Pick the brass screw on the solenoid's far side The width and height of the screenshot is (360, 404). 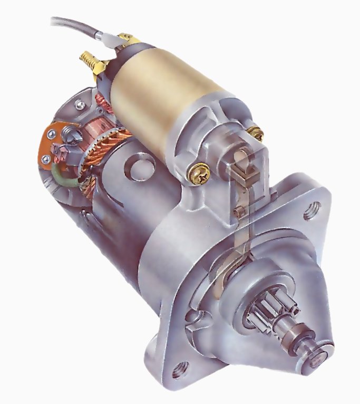click(256, 133)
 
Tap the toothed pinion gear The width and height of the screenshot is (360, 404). click(269, 311)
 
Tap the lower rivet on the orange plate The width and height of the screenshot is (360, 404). click(47, 158)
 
